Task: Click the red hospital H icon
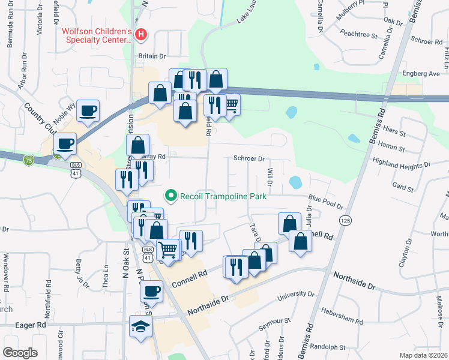click(x=141, y=35)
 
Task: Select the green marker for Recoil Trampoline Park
click(x=171, y=196)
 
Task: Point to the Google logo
click(x=20, y=352)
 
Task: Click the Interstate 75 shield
click(x=29, y=160)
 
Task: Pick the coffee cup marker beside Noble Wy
click(x=88, y=111)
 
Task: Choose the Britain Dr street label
click(x=152, y=56)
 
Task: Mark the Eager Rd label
click(x=33, y=325)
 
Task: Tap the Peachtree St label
click(x=358, y=35)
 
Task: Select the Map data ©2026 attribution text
click(x=423, y=355)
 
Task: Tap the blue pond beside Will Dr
click(x=295, y=181)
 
